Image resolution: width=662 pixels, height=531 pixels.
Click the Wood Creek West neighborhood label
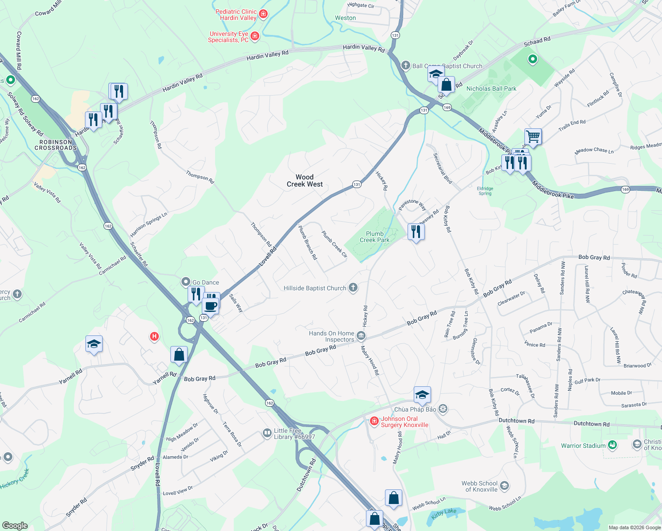[304, 181]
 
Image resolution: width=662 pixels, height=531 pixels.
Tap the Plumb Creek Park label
[374, 237]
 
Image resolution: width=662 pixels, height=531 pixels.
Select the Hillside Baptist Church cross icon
[353, 288]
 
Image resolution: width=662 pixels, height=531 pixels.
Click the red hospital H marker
[154, 337]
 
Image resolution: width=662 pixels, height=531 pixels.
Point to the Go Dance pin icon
[186, 282]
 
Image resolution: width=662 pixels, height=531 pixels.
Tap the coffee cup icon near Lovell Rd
[211, 306]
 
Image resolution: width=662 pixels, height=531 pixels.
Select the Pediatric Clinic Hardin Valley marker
[263, 14]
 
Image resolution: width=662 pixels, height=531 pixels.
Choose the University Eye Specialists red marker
[255, 36]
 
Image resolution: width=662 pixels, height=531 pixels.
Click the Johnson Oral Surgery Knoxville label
[404, 422]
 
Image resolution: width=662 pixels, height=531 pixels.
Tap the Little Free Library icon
[267, 433]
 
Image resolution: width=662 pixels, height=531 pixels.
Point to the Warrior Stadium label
[583, 446]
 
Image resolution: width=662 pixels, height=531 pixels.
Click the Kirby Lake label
[444, 512]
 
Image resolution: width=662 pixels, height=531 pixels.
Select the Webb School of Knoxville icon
[504, 486]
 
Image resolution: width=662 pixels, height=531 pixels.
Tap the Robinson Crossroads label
[56, 145]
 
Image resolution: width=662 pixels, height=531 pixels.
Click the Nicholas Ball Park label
[491, 88]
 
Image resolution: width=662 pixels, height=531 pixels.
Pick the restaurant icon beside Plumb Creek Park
[416, 231]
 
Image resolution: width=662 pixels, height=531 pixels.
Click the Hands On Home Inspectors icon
[361, 336]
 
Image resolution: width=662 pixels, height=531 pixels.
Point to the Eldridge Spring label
[485, 191]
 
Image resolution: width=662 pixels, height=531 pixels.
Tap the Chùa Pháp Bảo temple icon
[443, 409]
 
